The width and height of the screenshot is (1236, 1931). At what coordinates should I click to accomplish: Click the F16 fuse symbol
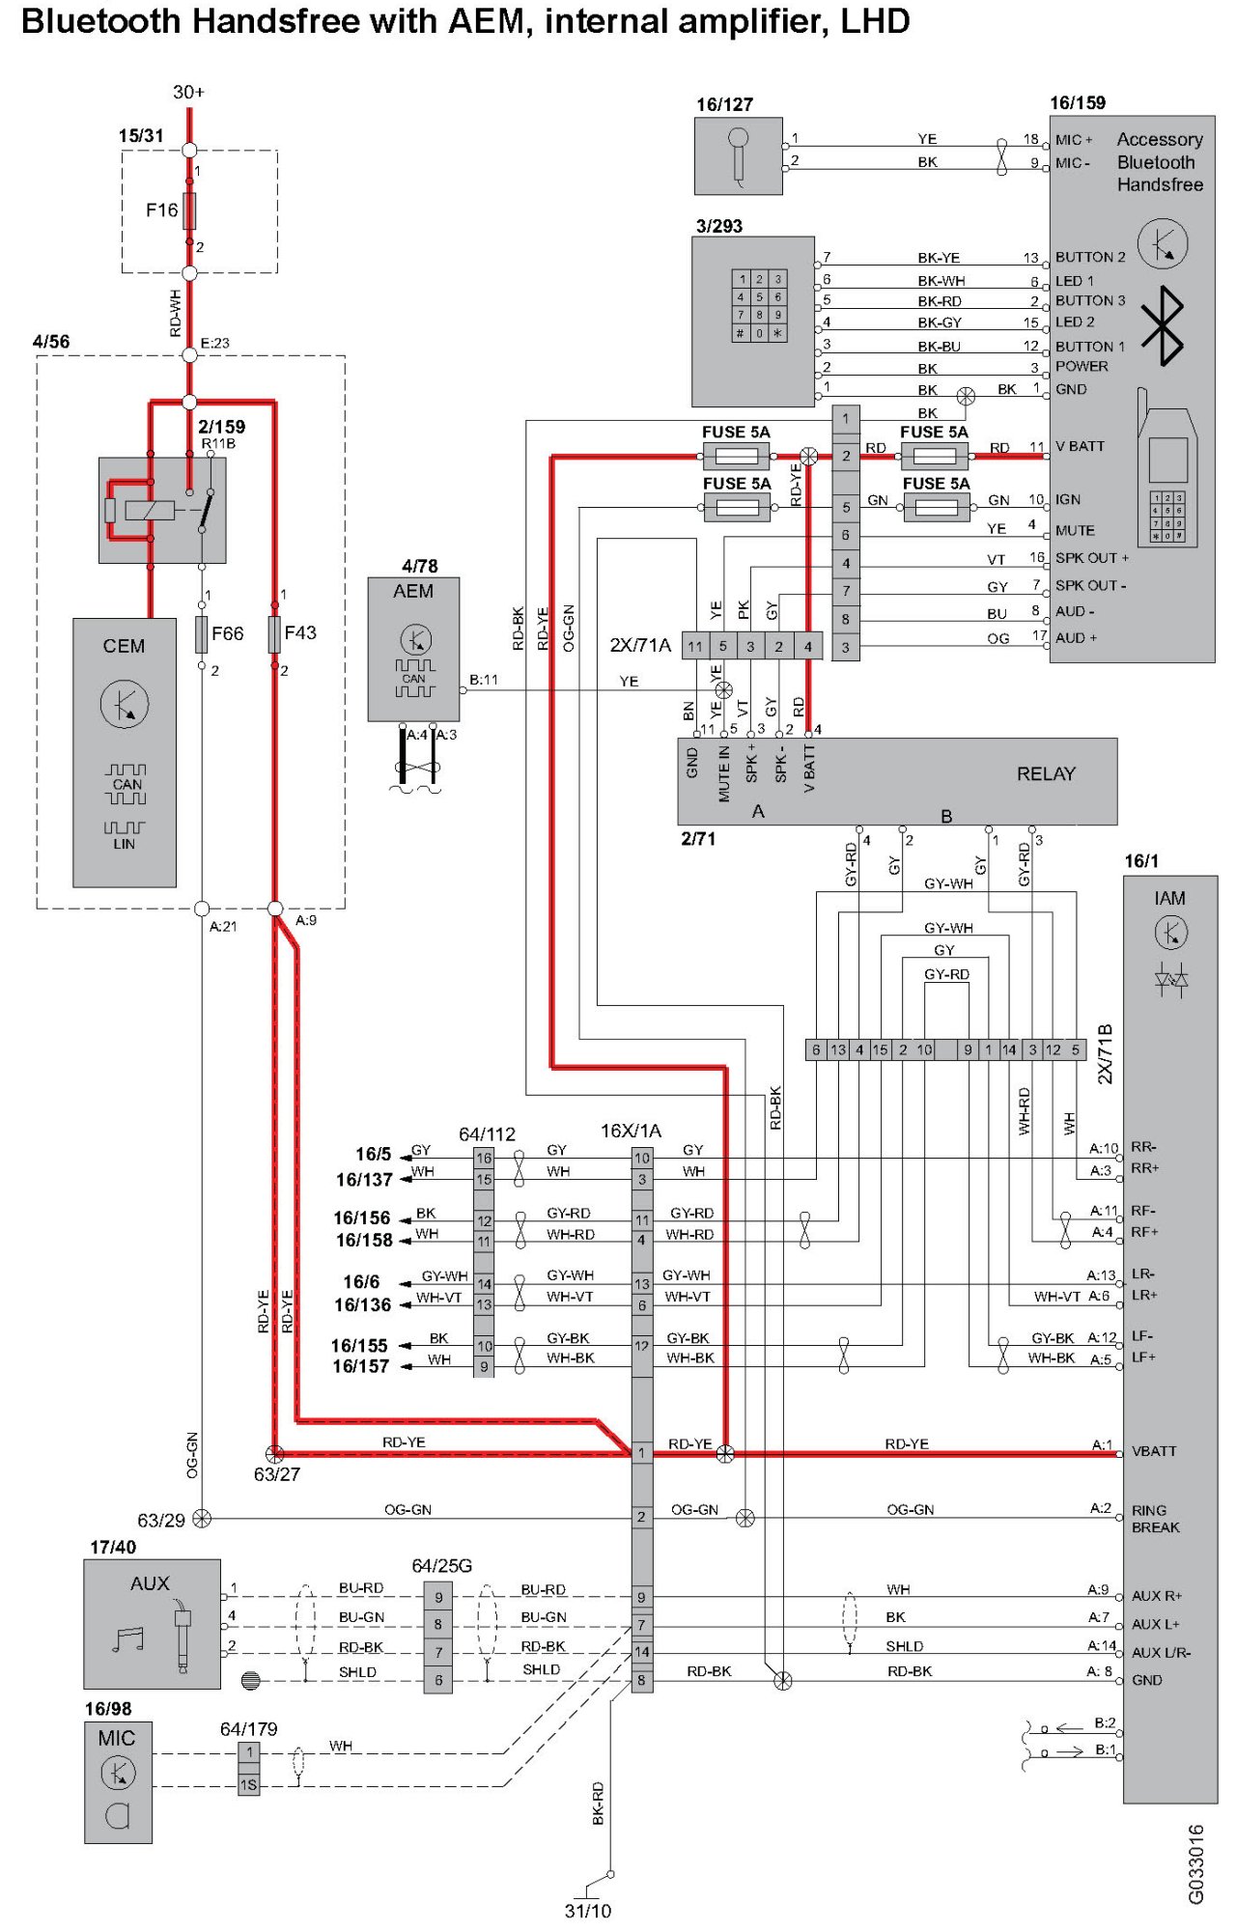coord(189,210)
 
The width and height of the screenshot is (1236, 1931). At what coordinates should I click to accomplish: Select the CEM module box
coord(125,752)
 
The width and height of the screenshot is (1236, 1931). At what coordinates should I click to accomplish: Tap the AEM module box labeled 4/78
coord(413,649)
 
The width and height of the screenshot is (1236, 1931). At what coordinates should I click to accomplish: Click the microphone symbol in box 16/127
coord(739,154)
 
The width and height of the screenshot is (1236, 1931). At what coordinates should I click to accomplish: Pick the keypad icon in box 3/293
coord(759,305)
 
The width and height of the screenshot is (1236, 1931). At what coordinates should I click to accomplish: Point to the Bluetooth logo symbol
coord(1163,325)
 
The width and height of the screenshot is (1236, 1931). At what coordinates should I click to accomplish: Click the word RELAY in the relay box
coord(1046,773)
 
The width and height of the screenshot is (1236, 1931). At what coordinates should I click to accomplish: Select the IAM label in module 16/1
coord(1169,898)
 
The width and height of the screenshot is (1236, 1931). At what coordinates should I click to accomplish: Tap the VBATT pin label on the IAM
coord(1154,1451)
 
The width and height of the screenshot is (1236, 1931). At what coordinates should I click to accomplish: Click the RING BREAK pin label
coord(1155,1519)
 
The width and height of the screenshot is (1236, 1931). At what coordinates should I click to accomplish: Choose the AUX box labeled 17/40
coord(153,1624)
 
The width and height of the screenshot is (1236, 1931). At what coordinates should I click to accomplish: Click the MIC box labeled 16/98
coord(118,1782)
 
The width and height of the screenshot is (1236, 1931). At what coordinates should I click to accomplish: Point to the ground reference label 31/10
coord(588,1911)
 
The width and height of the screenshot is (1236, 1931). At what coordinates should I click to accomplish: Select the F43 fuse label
coord(300,632)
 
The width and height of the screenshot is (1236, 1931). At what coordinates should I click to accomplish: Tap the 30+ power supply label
coord(188,92)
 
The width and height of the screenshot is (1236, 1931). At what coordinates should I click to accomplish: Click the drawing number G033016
coord(1195,1864)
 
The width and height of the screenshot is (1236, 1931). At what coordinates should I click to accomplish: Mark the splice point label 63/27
coord(277,1474)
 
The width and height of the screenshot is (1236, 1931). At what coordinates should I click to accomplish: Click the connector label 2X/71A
coord(640,645)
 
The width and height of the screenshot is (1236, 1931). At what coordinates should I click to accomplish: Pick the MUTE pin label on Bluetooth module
coord(1075,530)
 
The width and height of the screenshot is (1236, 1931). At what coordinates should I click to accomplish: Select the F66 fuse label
coord(228,633)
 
